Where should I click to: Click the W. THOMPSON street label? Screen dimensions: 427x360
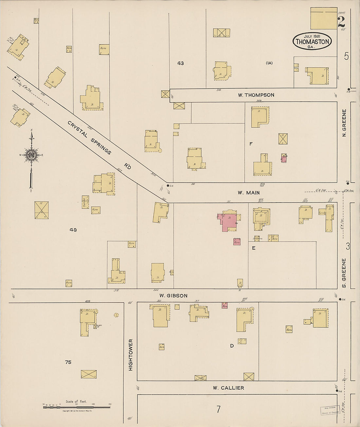pos(256,95)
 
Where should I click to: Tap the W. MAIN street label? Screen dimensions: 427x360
pos(248,193)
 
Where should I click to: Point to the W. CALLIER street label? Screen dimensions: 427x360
pos(228,388)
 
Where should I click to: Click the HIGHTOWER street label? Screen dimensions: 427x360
pos(131,355)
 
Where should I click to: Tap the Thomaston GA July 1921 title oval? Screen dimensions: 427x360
pos(312,41)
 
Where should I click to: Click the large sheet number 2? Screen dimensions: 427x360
pos(341,22)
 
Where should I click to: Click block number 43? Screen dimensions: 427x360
pos(180,63)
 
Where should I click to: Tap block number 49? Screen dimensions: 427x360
pos(73,230)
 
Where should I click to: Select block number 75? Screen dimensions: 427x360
pos(68,362)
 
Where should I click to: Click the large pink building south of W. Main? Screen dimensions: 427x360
pos(229,222)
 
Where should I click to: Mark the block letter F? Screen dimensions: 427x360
pos(251,143)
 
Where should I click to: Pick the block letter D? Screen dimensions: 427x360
pos(232,346)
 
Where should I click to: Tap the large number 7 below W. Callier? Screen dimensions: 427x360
pos(218,409)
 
